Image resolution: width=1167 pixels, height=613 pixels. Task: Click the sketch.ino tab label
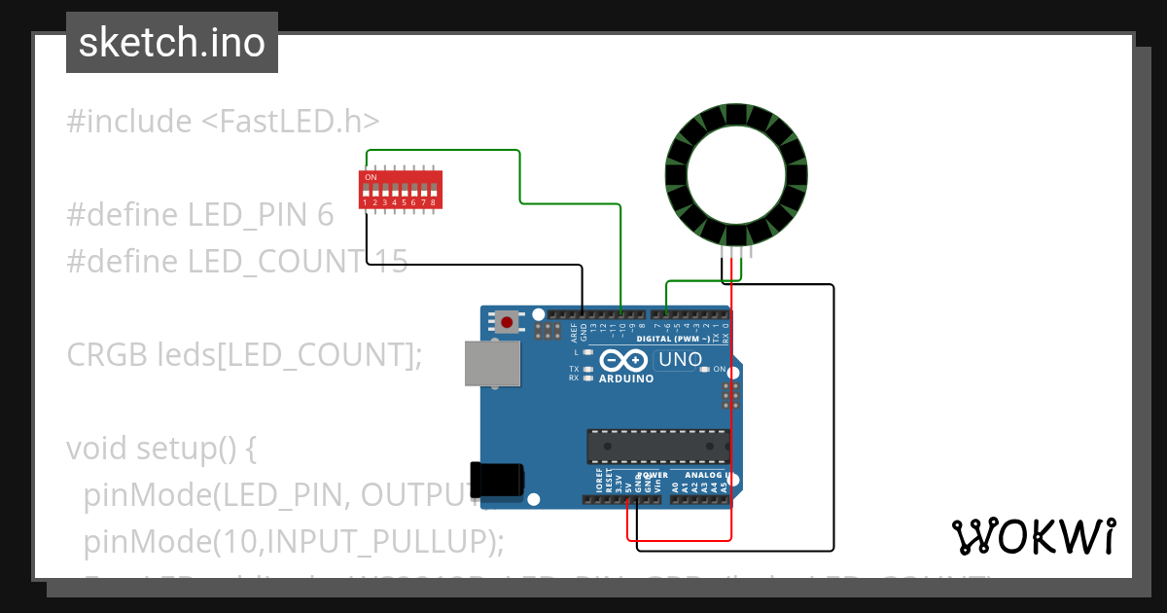[171, 43]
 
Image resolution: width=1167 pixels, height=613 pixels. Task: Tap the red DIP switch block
[401, 190]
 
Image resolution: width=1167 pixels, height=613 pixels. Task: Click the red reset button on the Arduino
[507, 322]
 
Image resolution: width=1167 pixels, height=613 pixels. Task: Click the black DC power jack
[497, 479]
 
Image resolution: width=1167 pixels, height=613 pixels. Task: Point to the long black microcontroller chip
[657, 446]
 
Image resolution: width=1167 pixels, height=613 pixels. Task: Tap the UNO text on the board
[681, 360]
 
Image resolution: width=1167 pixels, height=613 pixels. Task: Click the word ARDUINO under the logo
[626, 379]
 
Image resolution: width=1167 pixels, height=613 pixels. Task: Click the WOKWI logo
[1033, 536]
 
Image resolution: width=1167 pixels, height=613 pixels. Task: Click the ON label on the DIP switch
[371, 177]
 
